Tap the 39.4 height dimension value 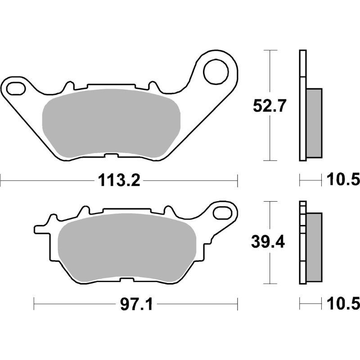pyautogui.click(x=269, y=243)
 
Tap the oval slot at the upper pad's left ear pyautogui.click(x=16, y=88)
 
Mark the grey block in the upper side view pyautogui.click(x=314, y=123)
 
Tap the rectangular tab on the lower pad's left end pyautogui.click(x=39, y=229)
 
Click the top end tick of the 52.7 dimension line pyautogui.click(x=269, y=51)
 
